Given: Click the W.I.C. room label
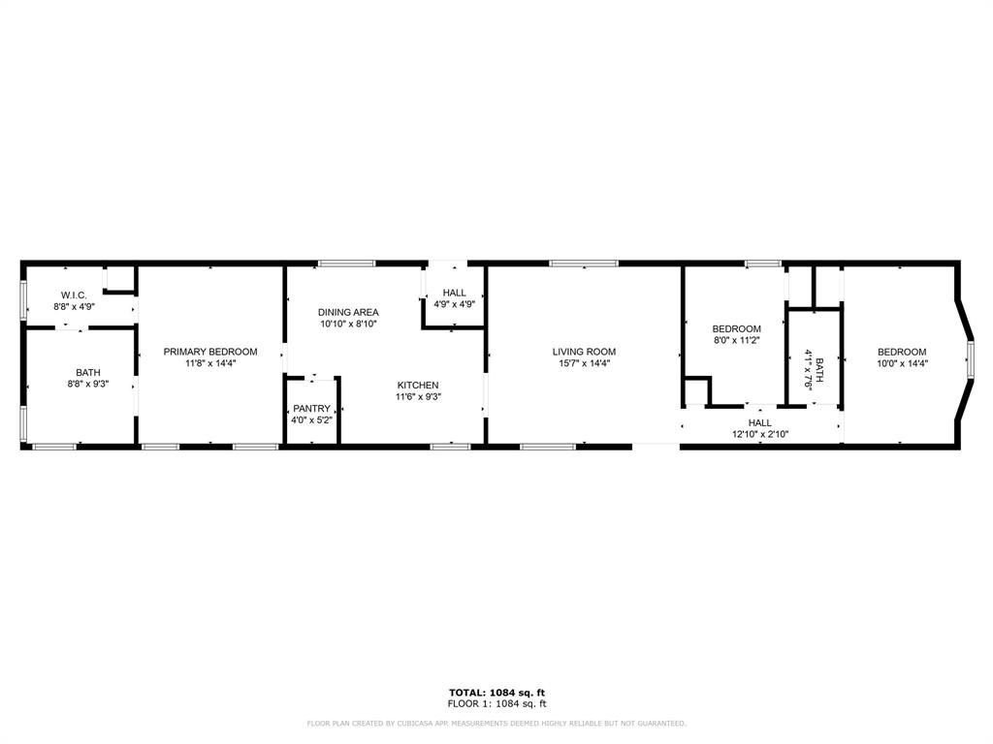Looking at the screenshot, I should [x=75, y=294].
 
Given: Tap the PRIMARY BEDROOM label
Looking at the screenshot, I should [x=210, y=352].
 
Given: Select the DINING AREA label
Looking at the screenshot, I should [x=348, y=312].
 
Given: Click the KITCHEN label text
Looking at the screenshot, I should [x=418, y=385].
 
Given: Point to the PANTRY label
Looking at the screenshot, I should [x=312, y=409].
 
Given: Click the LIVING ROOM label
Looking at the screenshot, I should [x=584, y=352].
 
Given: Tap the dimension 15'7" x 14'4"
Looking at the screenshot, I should [x=584, y=364].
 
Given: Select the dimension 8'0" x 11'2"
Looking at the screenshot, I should [x=736, y=341].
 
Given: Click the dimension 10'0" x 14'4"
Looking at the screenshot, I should [x=902, y=364].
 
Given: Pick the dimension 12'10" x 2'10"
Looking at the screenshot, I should [x=760, y=435].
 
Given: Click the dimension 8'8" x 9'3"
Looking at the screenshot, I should [x=88, y=385].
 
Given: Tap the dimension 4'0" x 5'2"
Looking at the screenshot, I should [x=312, y=420].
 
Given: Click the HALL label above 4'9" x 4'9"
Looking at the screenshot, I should [x=454, y=293].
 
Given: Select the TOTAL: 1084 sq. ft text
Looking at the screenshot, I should [x=496, y=692].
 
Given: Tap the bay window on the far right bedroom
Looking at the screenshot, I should [x=969, y=358].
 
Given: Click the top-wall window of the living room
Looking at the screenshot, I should [x=583, y=263].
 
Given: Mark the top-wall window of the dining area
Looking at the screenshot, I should [x=347, y=263].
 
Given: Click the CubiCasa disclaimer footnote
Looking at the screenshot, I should [x=496, y=723].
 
